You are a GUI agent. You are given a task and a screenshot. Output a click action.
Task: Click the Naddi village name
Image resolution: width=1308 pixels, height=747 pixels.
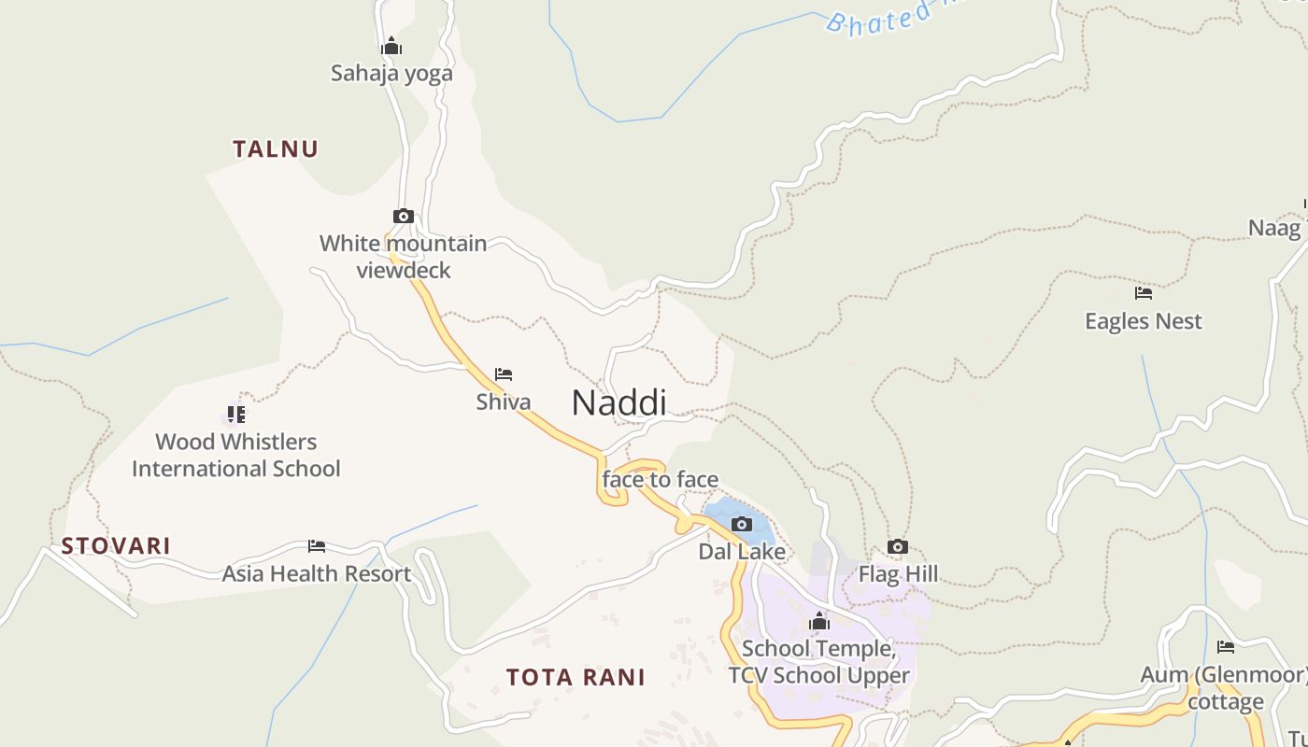[618, 402]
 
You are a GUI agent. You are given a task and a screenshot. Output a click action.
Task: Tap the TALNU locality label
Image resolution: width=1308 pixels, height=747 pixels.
[276, 148]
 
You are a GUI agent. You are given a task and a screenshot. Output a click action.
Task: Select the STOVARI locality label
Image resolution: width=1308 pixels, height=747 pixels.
[116, 546]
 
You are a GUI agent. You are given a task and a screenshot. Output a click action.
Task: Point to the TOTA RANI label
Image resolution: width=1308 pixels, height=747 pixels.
[576, 677]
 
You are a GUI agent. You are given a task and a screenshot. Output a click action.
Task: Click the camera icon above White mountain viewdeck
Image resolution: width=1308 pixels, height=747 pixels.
[404, 217]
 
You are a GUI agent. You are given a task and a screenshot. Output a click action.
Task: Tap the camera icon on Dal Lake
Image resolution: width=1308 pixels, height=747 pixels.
[742, 525]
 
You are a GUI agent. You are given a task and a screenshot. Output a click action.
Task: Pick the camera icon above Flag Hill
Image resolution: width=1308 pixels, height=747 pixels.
[897, 546]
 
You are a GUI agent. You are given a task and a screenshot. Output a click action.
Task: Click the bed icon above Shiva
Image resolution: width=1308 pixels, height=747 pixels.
[504, 374]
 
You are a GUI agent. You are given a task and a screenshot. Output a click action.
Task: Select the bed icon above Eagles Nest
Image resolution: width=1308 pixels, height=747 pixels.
[1144, 293]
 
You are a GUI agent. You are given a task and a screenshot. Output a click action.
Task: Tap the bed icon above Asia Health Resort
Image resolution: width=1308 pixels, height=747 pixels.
[317, 546]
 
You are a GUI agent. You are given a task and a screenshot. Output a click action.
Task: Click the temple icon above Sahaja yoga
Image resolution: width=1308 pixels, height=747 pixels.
[391, 46]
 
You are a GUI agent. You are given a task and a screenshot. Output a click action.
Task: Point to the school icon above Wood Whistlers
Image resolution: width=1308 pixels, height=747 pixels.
[235, 414]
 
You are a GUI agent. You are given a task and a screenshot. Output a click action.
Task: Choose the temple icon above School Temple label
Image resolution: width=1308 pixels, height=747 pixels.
[819, 621]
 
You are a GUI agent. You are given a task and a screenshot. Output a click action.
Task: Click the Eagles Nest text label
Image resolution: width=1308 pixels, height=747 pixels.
[1144, 321]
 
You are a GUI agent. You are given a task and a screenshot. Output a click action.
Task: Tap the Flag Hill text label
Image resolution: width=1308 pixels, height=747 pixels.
[898, 574]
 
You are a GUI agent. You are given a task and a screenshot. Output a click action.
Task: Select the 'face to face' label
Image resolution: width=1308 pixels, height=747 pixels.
[661, 480]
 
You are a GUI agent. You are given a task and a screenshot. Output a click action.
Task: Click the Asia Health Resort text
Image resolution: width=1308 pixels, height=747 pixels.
[317, 574]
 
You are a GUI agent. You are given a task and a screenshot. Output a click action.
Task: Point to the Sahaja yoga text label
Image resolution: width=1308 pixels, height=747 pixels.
[391, 73]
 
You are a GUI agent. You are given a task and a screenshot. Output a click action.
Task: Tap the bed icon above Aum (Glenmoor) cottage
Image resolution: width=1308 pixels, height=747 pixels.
[1226, 646]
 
